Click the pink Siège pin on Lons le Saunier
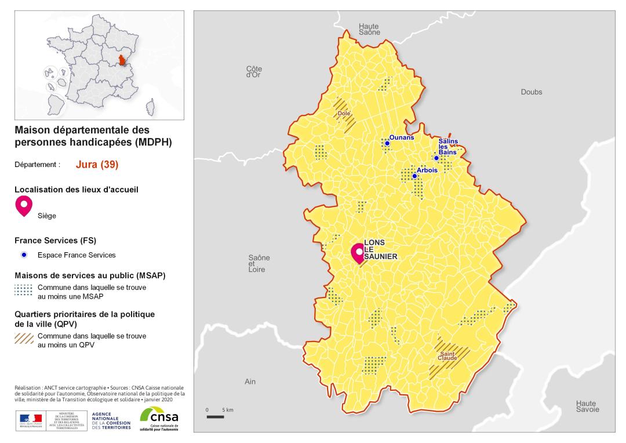359,252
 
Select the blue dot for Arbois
414,176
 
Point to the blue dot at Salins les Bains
436,158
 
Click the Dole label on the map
344,114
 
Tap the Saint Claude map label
448,356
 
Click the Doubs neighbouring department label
532,92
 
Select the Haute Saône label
369,30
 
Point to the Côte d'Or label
254,71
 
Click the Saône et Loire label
259,263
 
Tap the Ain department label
250,382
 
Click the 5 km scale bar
216,416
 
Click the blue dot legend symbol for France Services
24,255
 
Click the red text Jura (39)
97,165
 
